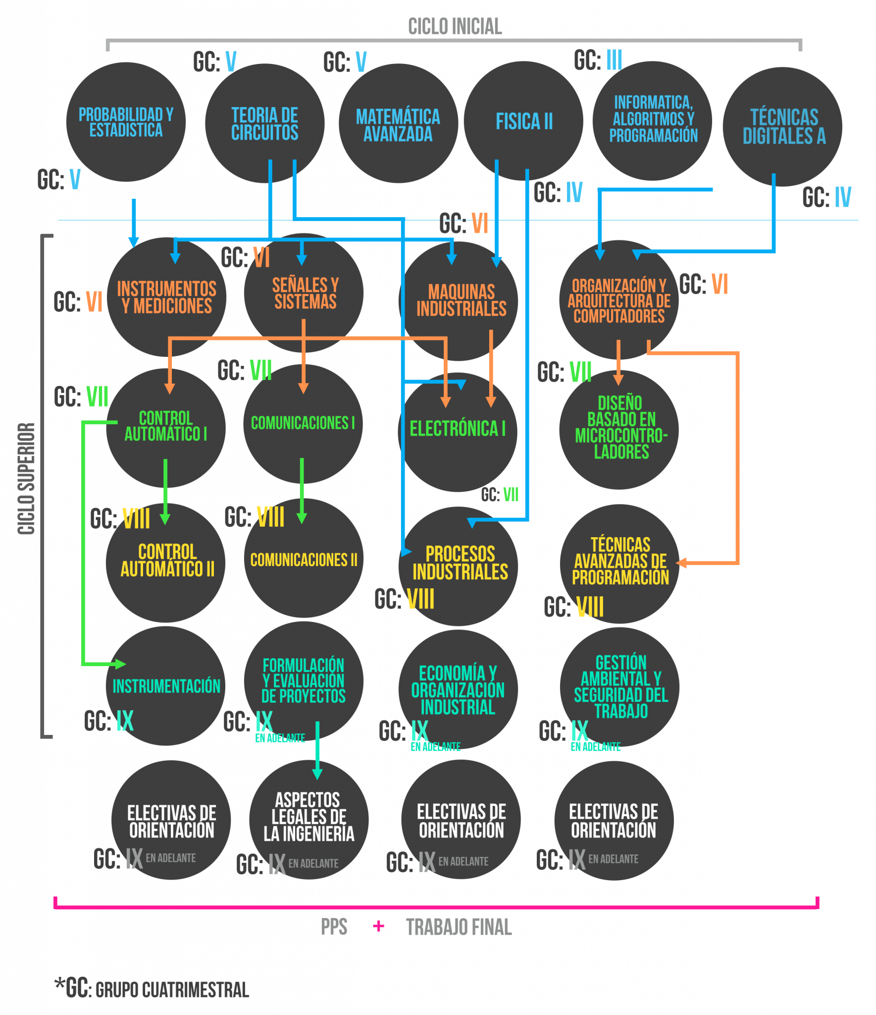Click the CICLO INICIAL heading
pyautogui.click(x=455, y=27)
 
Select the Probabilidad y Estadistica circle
pyautogui.click(x=126, y=122)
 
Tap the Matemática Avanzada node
pyautogui.click(x=398, y=124)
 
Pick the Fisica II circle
pyautogui.click(x=523, y=121)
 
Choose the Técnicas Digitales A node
pyautogui.click(x=783, y=127)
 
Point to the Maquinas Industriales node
pyautogui.click(x=461, y=300)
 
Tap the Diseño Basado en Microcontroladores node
pyautogui.click(x=620, y=428)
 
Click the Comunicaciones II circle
pyautogui.click(x=303, y=560)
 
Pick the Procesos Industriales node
pyautogui.click(x=459, y=564)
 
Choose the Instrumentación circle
pyautogui.click(x=166, y=686)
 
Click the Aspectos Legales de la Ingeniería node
pyautogui.click(x=309, y=818)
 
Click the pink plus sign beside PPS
pyautogui.click(x=379, y=926)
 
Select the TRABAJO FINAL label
pyautogui.click(x=459, y=927)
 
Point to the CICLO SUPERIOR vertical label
pyautogui.click(x=27, y=478)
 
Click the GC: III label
pyautogui.click(x=598, y=60)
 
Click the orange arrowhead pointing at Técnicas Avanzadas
pyautogui.click(x=682, y=563)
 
